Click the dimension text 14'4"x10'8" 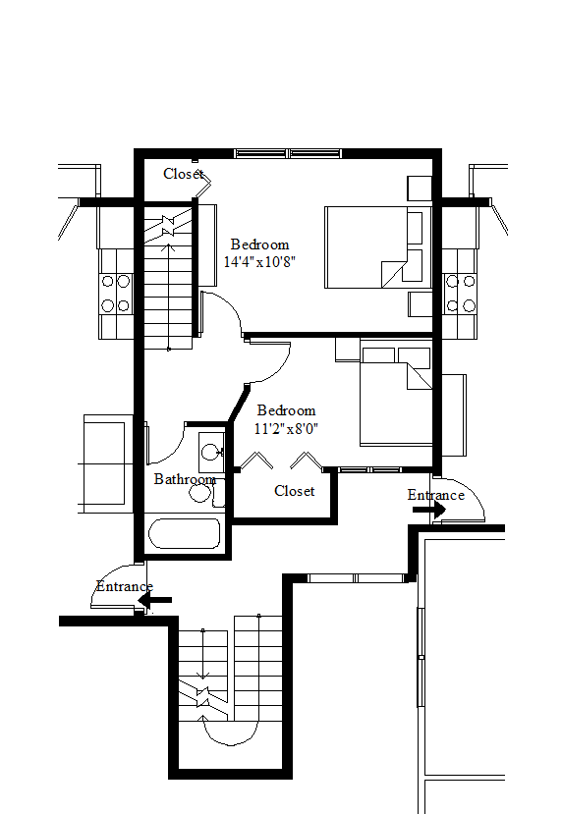tap(259, 261)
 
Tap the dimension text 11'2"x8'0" tap(286, 429)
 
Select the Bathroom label tap(185, 479)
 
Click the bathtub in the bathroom tap(185, 533)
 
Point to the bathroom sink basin tap(211, 452)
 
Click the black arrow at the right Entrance tap(429, 510)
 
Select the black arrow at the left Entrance tap(155, 600)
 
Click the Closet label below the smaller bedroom tap(295, 491)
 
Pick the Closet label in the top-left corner tap(184, 174)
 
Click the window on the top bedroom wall tap(288, 153)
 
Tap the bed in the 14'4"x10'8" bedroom tap(378, 247)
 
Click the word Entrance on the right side tap(436, 495)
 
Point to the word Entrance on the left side tap(125, 586)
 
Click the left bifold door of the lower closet tap(256, 460)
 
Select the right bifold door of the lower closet tap(307, 460)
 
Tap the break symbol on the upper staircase tap(168, 226)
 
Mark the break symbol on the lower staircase tap(202, 697)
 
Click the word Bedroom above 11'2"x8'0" tap(286, 410)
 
